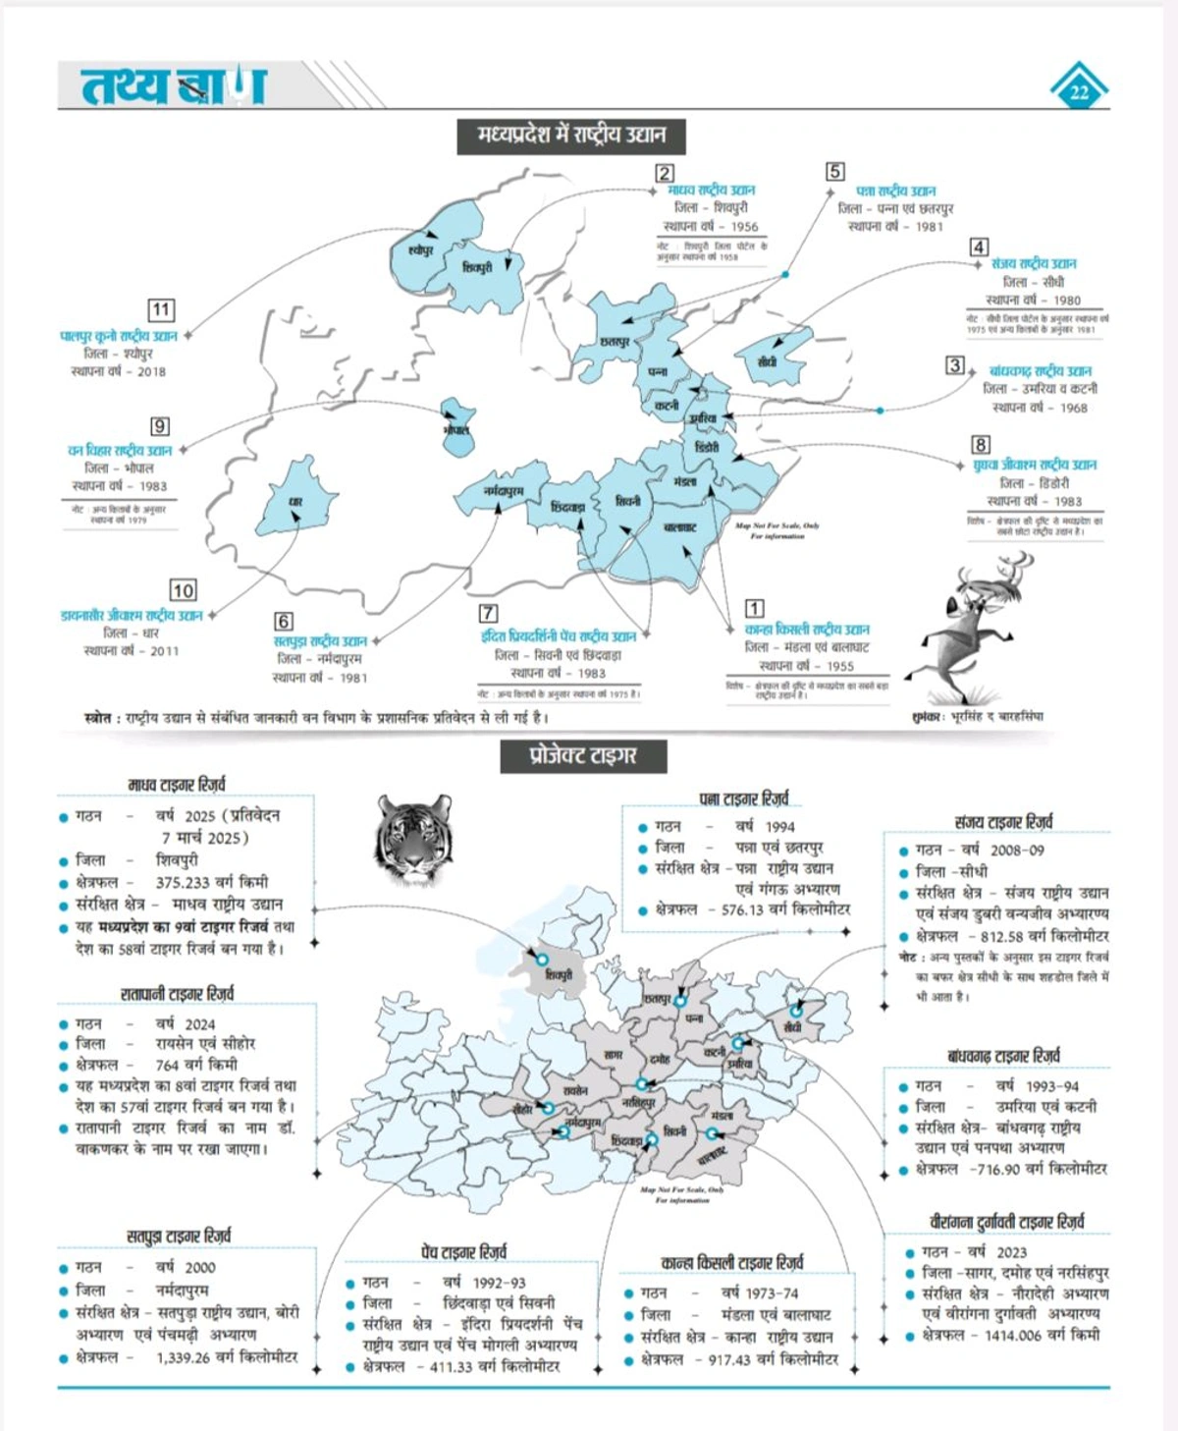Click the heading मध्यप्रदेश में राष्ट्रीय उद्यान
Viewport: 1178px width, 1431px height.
click(x=571, y=135)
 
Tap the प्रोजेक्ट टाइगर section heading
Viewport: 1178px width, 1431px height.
click(x=583, y=755)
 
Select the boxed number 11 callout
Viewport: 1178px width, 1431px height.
click(x=161, y=310)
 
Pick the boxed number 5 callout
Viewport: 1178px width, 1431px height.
click(x=835, y=172)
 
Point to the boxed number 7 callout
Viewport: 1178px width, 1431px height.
click(x=488, y=613)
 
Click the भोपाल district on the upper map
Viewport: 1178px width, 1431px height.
click(x=456, y=428)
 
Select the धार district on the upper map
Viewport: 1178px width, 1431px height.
click(x=294, y=501)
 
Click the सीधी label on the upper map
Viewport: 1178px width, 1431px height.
click(x=768, y=361)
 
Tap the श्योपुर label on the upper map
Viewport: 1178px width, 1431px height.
click(x=420, y=251)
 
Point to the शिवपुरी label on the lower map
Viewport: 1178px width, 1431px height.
click(x=559, y=975)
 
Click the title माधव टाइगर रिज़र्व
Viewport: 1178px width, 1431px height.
click(x=177, y=785)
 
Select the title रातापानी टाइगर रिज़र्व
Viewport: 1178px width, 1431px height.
click(x=178, y=994)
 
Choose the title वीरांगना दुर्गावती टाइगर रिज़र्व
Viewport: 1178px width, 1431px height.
click(x=1006, y=1223)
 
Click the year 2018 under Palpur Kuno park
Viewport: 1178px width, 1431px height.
click(x=151, y=371)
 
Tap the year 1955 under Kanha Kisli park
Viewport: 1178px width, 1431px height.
click(x=840, y=666)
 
